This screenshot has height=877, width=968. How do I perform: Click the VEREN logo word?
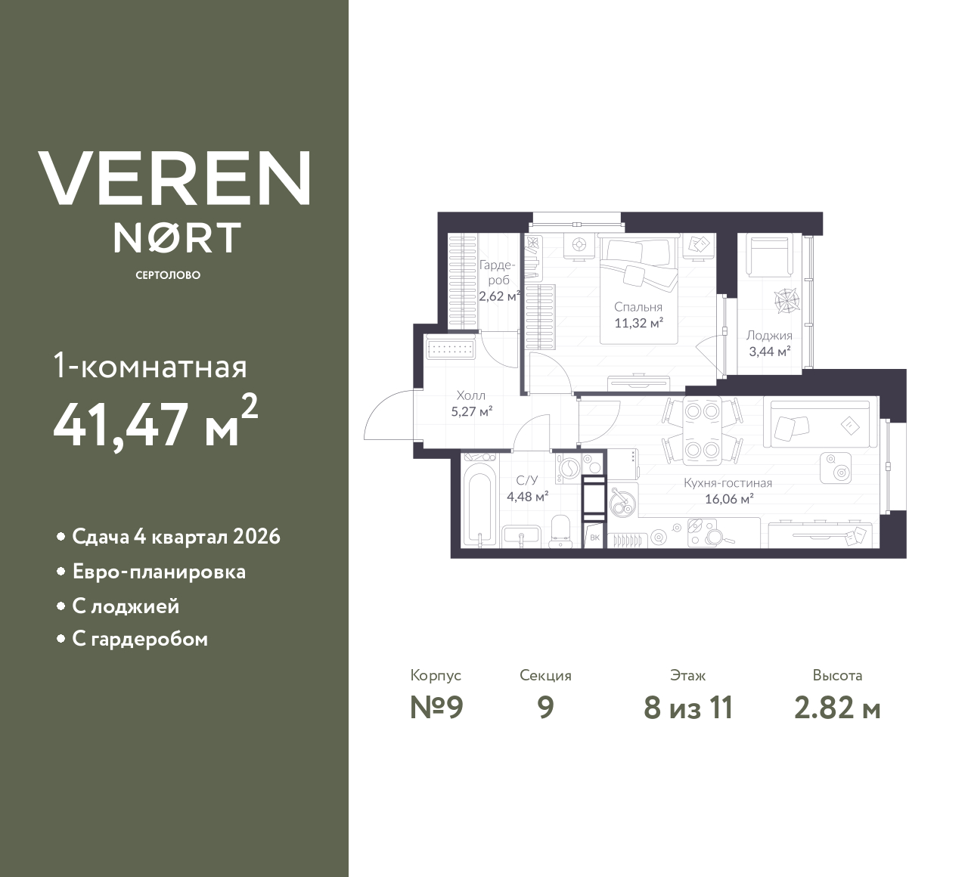click(x=174, y=178)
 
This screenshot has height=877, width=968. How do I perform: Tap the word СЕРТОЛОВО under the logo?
click(x=168, y=275)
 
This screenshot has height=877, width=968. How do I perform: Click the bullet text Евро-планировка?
click(x=159, y=572)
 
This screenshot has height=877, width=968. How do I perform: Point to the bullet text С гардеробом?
click(x=140, y=640)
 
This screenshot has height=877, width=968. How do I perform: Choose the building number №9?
click(x=436, y=708)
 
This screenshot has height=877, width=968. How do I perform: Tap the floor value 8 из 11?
click(x=687, y=708)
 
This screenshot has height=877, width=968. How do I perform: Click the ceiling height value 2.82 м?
click(x=837, y=708)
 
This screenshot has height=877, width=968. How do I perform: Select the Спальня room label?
click(x=638, y=307)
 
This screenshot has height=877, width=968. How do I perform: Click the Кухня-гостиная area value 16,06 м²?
click(x=728, y=499)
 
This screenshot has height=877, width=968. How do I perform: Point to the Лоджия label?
click(x=768, y=336)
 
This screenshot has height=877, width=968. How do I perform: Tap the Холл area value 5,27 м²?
click(x=471, y=412)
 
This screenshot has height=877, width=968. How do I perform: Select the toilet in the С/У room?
click(x=560, y=528)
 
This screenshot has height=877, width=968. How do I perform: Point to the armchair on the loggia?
click(x=768, y=255)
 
